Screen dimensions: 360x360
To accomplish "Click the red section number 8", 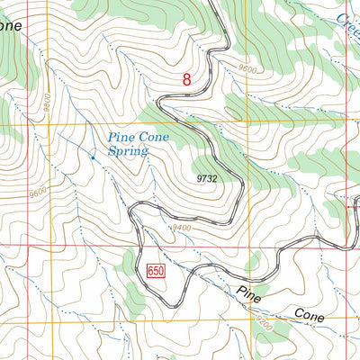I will [x=186, y=80].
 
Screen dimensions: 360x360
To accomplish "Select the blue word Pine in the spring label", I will [x=121, y=137].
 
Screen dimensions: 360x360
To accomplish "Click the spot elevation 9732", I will [x=206, y=179].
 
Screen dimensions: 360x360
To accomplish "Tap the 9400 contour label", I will [x=183, y=228].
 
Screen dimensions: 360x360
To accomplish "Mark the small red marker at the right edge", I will [x=354, y=206].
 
